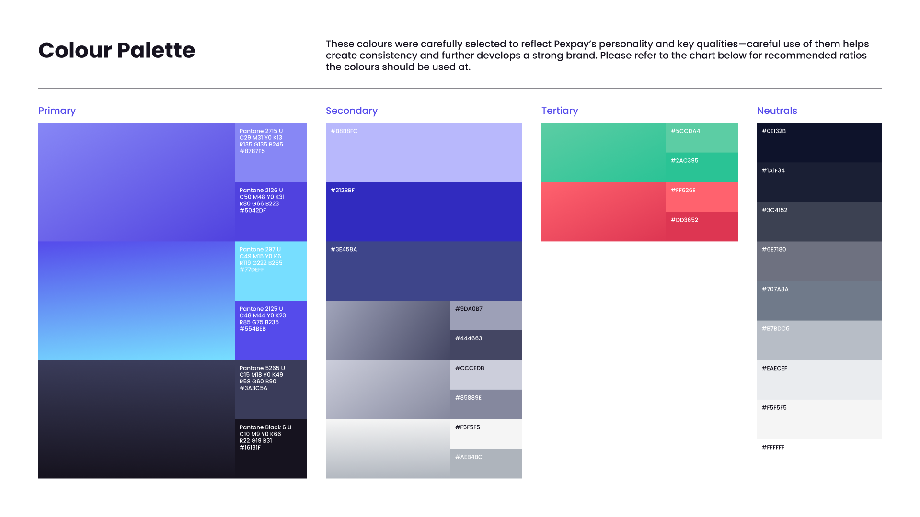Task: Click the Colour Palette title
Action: [x=117, y=50]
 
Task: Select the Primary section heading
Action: [x=57, y=111]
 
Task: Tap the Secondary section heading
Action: [x=352, y=111]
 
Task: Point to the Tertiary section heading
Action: [x=560, y=111]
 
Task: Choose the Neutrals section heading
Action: [x=777, y=111]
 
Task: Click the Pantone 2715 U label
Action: [x=261, y=131]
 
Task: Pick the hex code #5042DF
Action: [x=253, y=211]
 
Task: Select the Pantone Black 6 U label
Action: [x=265, y=427]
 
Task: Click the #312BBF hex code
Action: [x=343, y=191]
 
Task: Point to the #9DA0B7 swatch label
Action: [x=469, y=309]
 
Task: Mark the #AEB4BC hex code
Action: [x=469, y=457]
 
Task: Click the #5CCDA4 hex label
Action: [x=685, y=131]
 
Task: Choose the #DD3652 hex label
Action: [x=684, y=220]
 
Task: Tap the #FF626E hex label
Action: [x=683, y=191]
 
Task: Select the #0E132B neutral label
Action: [x=774, y=131]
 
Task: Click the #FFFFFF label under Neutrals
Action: [x=773, y=448]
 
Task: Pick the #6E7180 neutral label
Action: [x=774, y=250]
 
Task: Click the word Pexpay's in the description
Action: [x=575, y=45]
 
